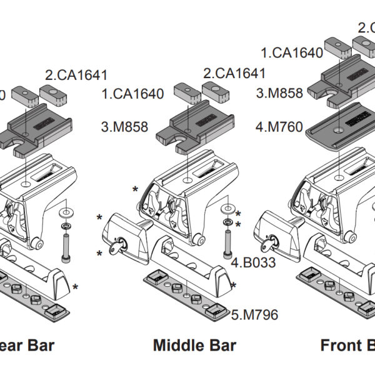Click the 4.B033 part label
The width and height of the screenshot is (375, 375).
pyautogui.click(x=253, y=262)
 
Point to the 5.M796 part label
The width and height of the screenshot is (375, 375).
pyautogui.click(x=254, y=314)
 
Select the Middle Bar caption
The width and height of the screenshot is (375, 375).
pyautogui.click(x=194, y=345)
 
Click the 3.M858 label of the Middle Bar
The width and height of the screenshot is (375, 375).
pyautogui.click(x=124, y=127)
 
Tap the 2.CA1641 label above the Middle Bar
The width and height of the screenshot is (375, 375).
pyautogui.click(x=234, y=73)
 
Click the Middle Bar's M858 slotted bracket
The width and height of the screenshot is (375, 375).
pyautogui.click(x=193, y=125)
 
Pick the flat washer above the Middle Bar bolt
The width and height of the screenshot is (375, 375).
pyautogui.click(x=229, y=207)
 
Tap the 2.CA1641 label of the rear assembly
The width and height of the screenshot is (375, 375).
pyautogui.click(x=76, y=75)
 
